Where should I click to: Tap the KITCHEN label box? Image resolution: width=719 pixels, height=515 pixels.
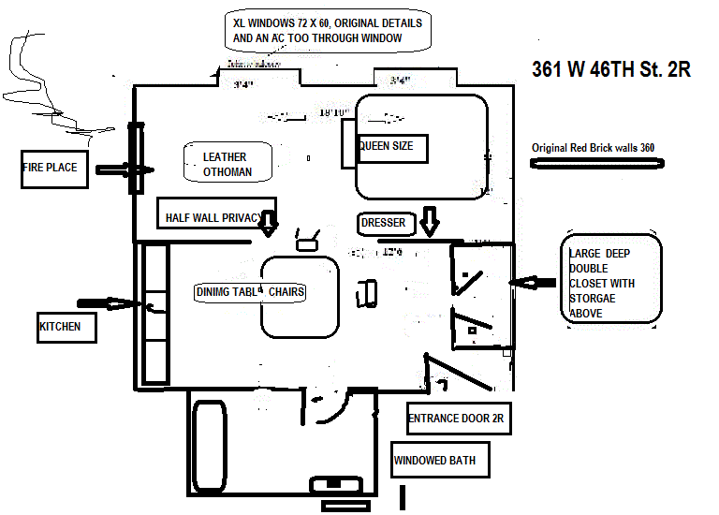point(66,327)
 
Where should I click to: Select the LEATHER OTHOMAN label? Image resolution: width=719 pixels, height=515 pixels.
point(227,165)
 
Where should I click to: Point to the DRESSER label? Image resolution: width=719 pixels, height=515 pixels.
point(383,224)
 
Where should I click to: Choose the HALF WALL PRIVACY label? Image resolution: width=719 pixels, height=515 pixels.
point(215,217)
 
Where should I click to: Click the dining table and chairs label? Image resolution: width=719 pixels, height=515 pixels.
point(251,292)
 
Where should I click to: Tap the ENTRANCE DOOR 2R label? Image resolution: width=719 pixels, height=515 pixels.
point(459,419)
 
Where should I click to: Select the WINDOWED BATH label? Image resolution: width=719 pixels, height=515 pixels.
point(434,460)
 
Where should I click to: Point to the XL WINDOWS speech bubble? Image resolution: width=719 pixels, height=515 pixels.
point(327,31)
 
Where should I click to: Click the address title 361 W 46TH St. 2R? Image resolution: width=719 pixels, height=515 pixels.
point(610,70)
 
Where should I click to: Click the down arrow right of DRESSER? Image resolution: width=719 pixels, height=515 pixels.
point(429,223)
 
